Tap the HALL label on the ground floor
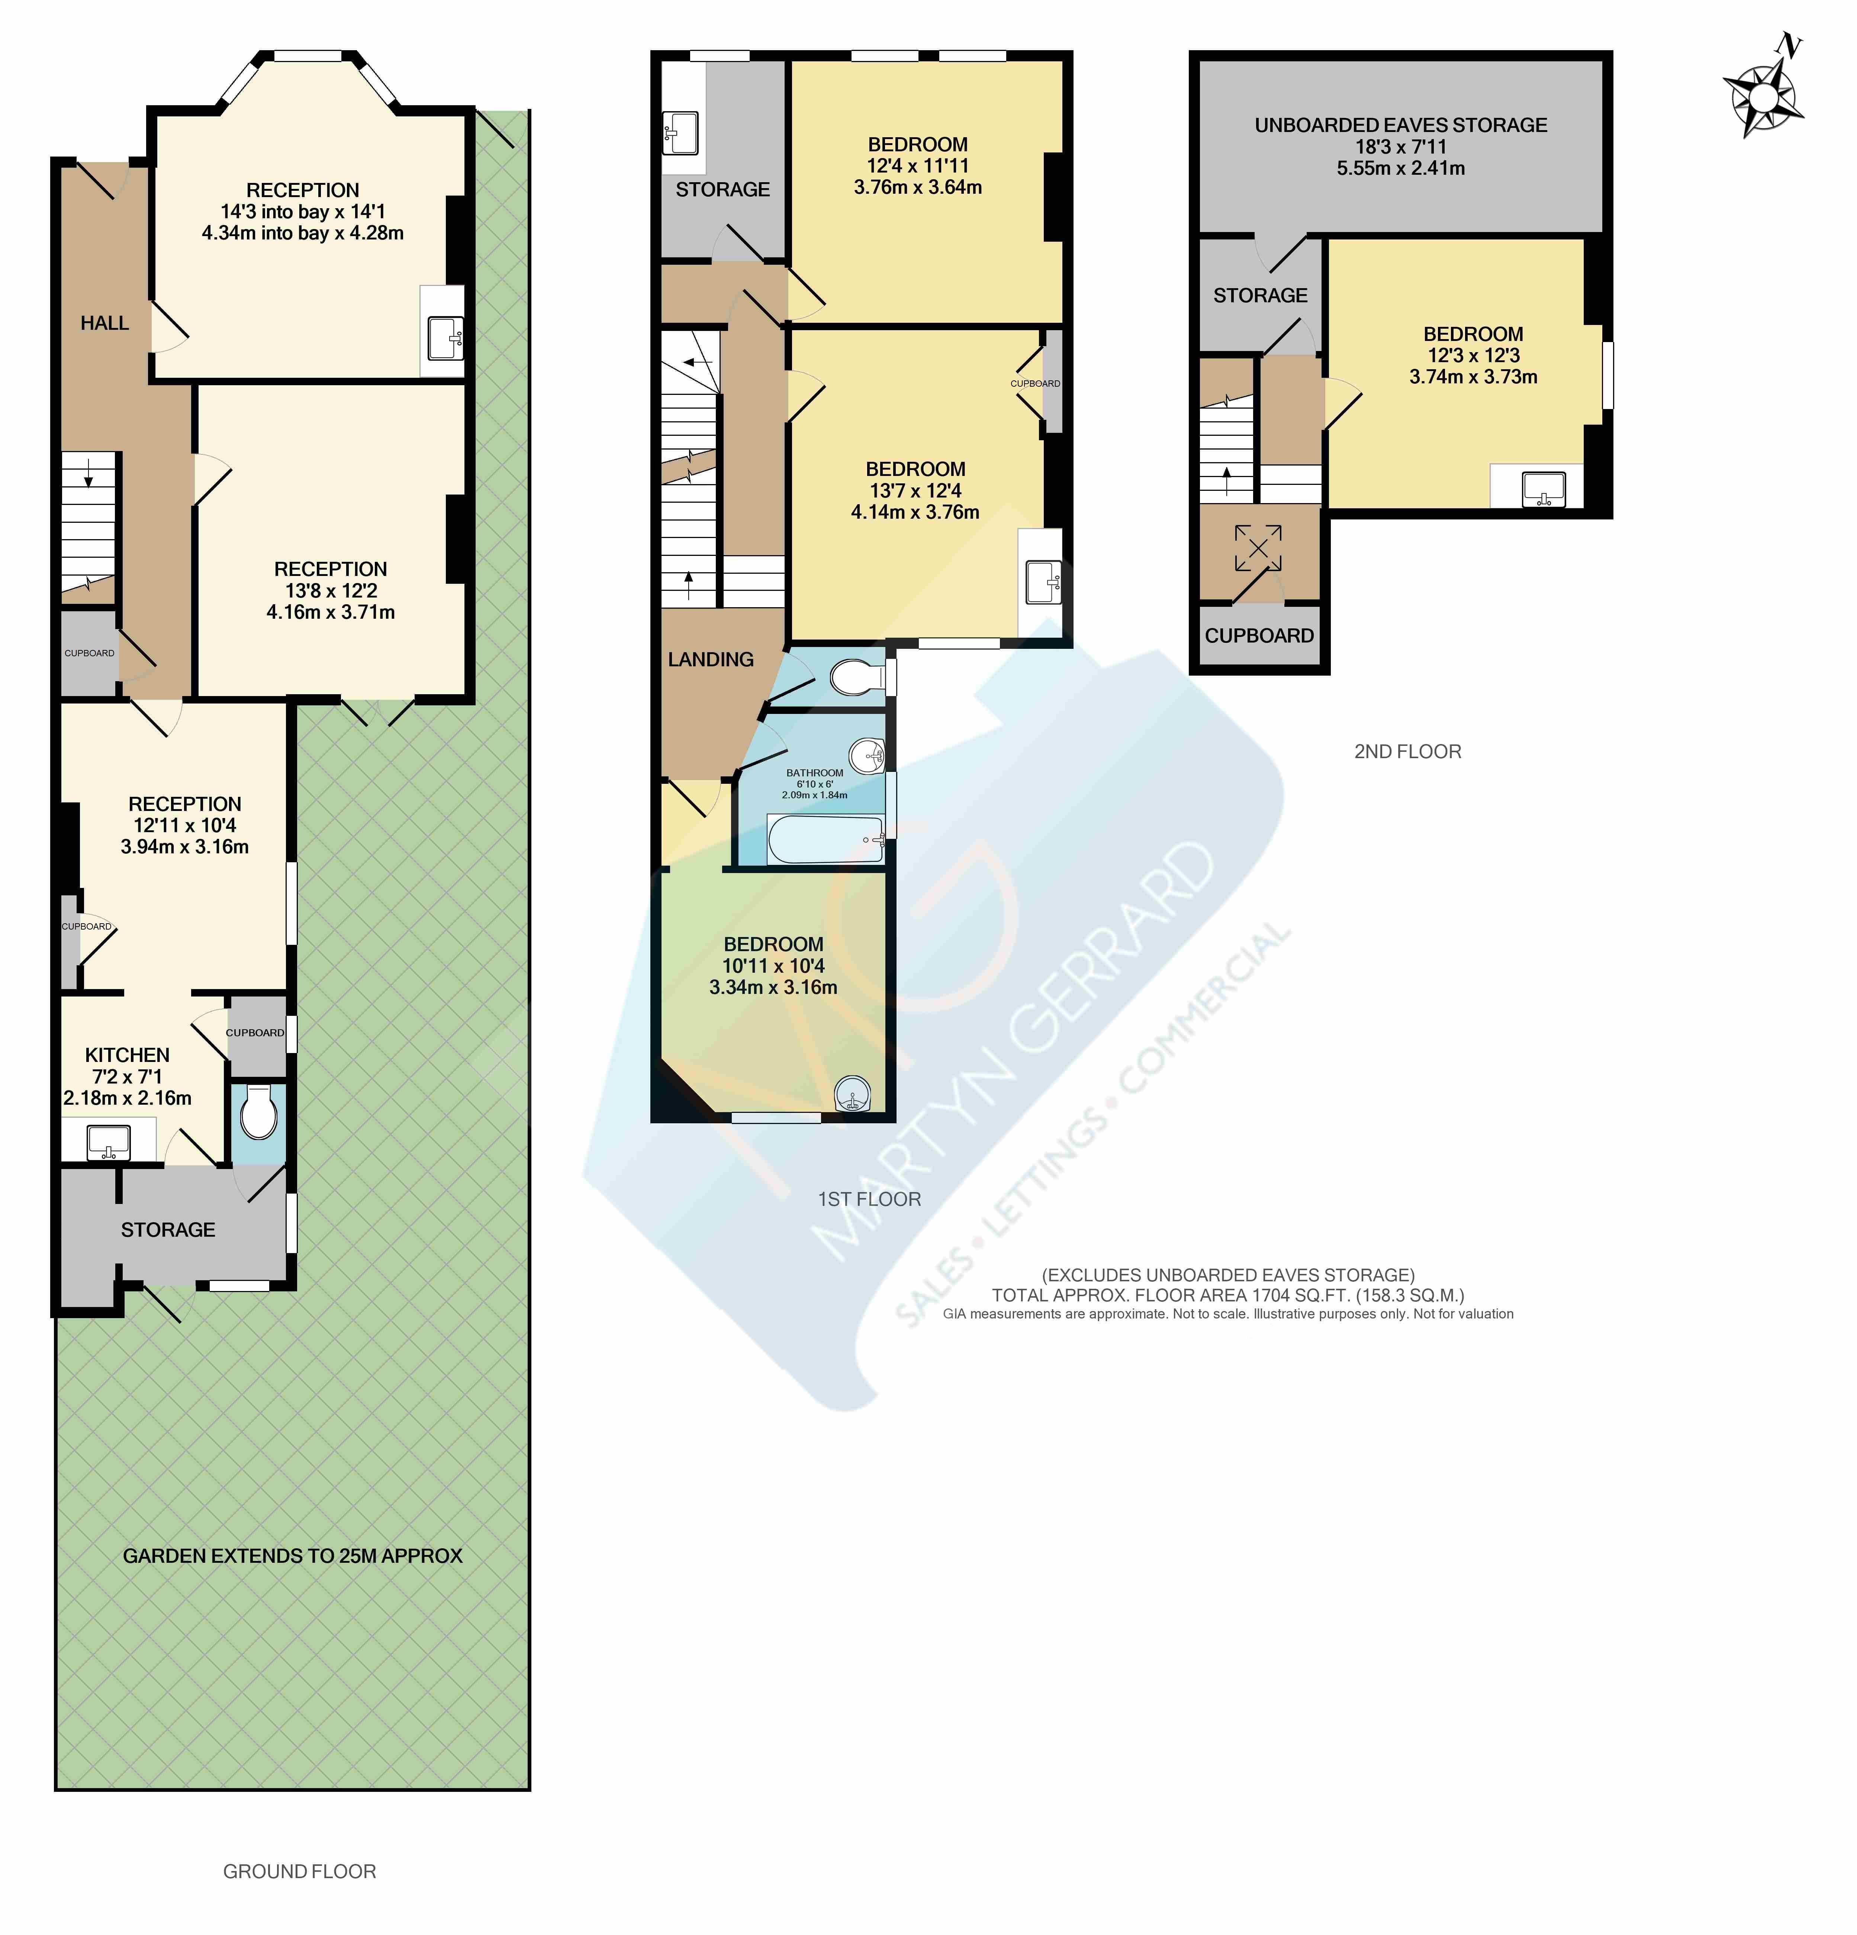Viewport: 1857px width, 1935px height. pos(104,323)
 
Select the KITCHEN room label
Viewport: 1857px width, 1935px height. pos(127,1055)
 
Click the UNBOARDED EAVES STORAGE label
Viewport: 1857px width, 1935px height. pos(1400,125)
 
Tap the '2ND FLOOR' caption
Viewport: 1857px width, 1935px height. pos(1407,751)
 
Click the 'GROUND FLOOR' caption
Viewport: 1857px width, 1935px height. pos(299,1871)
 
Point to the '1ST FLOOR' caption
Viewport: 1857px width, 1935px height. pos(869,1198)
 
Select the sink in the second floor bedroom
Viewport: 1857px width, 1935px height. pos(1543,488)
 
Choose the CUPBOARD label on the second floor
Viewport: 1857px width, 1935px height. pos(1259,636)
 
